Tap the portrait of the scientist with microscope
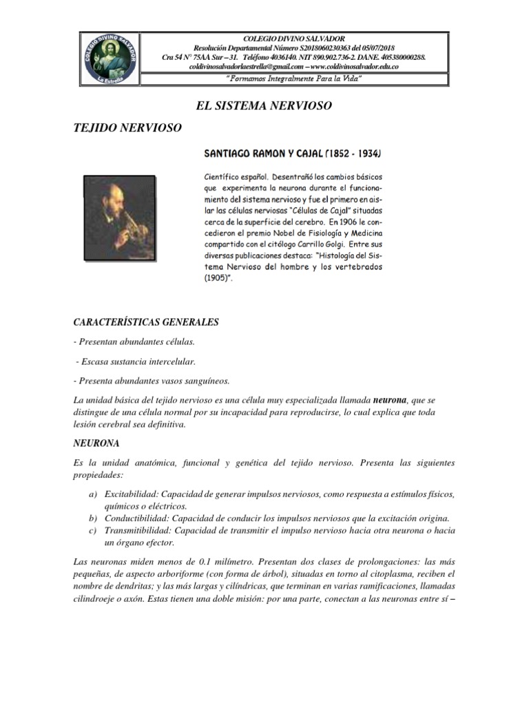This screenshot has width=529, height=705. [x=118, y=218]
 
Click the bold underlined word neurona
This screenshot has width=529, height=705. [x=389, y=399]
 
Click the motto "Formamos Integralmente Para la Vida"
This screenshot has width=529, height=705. [x=294, y=81]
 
